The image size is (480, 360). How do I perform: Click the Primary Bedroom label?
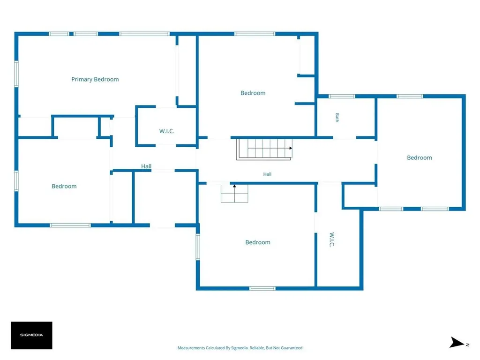click(95, 79)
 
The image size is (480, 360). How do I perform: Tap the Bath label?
click(337, 118)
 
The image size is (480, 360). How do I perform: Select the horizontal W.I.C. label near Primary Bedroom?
click(166, 131)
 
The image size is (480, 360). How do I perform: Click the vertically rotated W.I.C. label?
click(331, 240)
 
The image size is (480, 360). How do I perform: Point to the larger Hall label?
click(146, 166)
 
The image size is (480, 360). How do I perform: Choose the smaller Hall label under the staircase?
click(267, 174)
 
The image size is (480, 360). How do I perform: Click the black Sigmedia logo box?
click(31, 335)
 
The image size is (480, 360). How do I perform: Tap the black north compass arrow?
click(457, 342)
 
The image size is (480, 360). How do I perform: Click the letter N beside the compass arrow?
click(467, 345)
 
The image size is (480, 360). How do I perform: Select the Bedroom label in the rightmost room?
click(420, 157)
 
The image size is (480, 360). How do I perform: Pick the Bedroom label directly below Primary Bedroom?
click(64, 186)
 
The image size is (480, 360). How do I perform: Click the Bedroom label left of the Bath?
click(253, 93)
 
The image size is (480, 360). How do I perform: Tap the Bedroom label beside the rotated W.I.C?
click(258, 242)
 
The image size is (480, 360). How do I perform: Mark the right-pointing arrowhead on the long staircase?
click(291, 148)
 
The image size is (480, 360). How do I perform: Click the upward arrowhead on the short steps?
click(234, 186)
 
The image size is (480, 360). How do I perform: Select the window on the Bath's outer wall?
click(342, 96)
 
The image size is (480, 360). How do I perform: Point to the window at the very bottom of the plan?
click(262, 288)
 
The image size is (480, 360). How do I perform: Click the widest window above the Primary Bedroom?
click(144, 34)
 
